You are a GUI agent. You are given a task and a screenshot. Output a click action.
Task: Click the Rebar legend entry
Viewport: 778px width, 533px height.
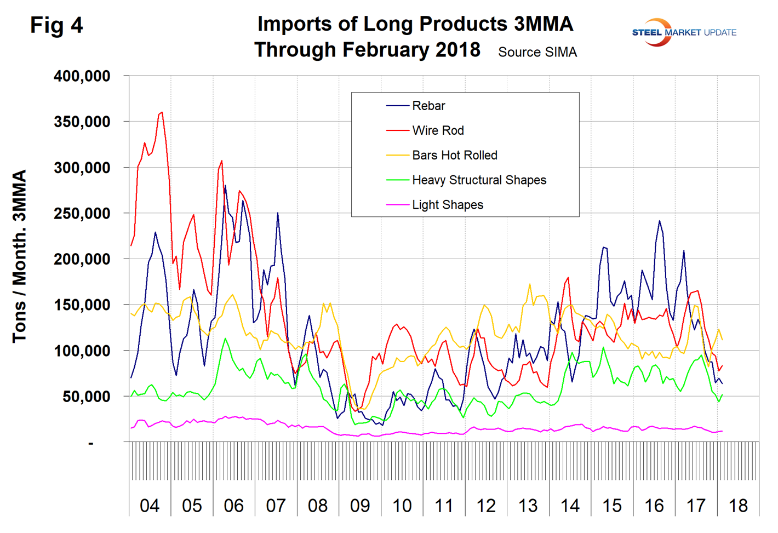pyautogui.click(x=428, y=106)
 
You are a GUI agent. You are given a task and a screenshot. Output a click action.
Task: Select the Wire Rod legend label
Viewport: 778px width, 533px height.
pyautogui.click(x=438, y=130)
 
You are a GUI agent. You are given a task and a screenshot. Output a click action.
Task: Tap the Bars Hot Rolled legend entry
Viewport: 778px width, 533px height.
pyautogui.click(x=454, y=155)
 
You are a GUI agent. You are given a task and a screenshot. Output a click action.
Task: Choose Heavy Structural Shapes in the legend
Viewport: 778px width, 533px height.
pyautogui.click(x=479, y=180)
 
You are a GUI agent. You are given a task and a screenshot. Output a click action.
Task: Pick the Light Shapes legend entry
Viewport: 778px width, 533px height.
pyautogui.click(x=447, y=205)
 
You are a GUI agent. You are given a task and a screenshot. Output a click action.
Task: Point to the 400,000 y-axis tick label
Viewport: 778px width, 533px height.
pyautogui.click(x=82, y=76)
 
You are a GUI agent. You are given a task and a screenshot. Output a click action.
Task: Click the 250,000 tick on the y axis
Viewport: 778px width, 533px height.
pyautogui.click(x=82, y=213)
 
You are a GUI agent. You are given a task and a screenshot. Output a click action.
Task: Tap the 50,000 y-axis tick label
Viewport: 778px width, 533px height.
pyautogui.click(x=86, y=396)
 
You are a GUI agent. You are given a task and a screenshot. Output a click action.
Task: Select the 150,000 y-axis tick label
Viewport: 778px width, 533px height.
pyautogui.click(x=82, y=305)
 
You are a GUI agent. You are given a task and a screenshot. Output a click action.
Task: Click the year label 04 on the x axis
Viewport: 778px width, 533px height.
pyautogui.click(x=150, y=505)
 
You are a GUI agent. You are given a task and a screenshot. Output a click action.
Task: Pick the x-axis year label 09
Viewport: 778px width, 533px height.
pyautogui.click(x=360, y=505)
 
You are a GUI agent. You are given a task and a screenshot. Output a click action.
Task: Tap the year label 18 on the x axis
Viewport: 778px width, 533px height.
pyautogui.click(x=738, y=505)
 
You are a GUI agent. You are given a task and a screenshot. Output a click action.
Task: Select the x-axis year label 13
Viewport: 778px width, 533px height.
pyautogui.click(x=528, y=505)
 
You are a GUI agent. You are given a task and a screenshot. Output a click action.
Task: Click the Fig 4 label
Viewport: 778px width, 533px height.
pyautogui.click(x=56, y=25)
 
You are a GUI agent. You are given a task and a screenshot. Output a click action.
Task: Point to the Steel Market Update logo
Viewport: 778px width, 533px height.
pyautogui.click(x=684, y=32)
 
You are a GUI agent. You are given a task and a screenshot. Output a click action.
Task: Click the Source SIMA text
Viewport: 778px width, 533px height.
pyautogui.click(x=537, y=52)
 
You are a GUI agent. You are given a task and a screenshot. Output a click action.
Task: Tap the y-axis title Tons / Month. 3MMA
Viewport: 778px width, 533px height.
pyautogui.click(x=20, y=256)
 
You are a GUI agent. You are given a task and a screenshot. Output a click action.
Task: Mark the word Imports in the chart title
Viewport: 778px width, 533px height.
pyautogui.click(x=291, y=24)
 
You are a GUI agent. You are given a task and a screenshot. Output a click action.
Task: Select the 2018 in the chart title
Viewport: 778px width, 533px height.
pyautogui.click(x=458, y=50)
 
